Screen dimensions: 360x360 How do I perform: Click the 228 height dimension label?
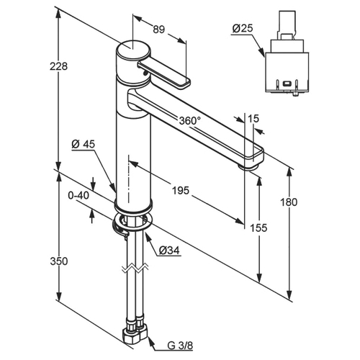[x=58, y=66]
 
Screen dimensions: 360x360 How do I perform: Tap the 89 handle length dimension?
[x=159, y=30]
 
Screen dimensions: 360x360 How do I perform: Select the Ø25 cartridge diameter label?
[x=243, y=29]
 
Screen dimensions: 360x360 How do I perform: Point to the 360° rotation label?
[x=190, y=121]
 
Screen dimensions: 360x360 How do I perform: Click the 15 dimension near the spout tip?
[x=253, y=119]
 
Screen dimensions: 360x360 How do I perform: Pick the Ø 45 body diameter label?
[x=84, y=144]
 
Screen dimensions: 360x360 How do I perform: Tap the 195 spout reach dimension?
[x=181, y=191]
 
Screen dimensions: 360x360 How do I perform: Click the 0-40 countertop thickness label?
[x=78, y=196]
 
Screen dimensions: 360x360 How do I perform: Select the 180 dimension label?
[x=289, y=202]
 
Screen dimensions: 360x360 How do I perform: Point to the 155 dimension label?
[x=258, y=228]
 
